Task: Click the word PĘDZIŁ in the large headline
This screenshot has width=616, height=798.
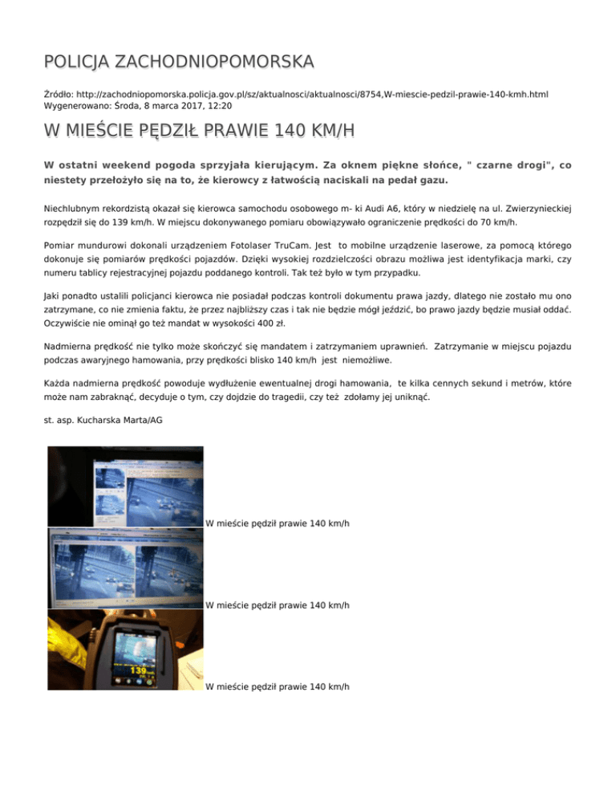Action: (157, 129)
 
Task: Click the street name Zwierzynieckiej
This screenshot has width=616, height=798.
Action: (532, 208)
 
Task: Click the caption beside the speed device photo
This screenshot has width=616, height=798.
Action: (277, 686)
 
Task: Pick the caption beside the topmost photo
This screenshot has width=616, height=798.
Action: (277, 523)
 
